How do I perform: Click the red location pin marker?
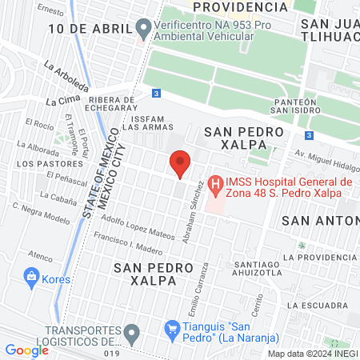tap(180, 163)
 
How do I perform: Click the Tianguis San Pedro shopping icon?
tap(171, 328)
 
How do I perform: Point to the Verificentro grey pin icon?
tap(144, 30)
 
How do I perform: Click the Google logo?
tap(26, 350)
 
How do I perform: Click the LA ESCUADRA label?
tap(318, 306)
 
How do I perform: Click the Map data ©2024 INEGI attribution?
tap(313, 354)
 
